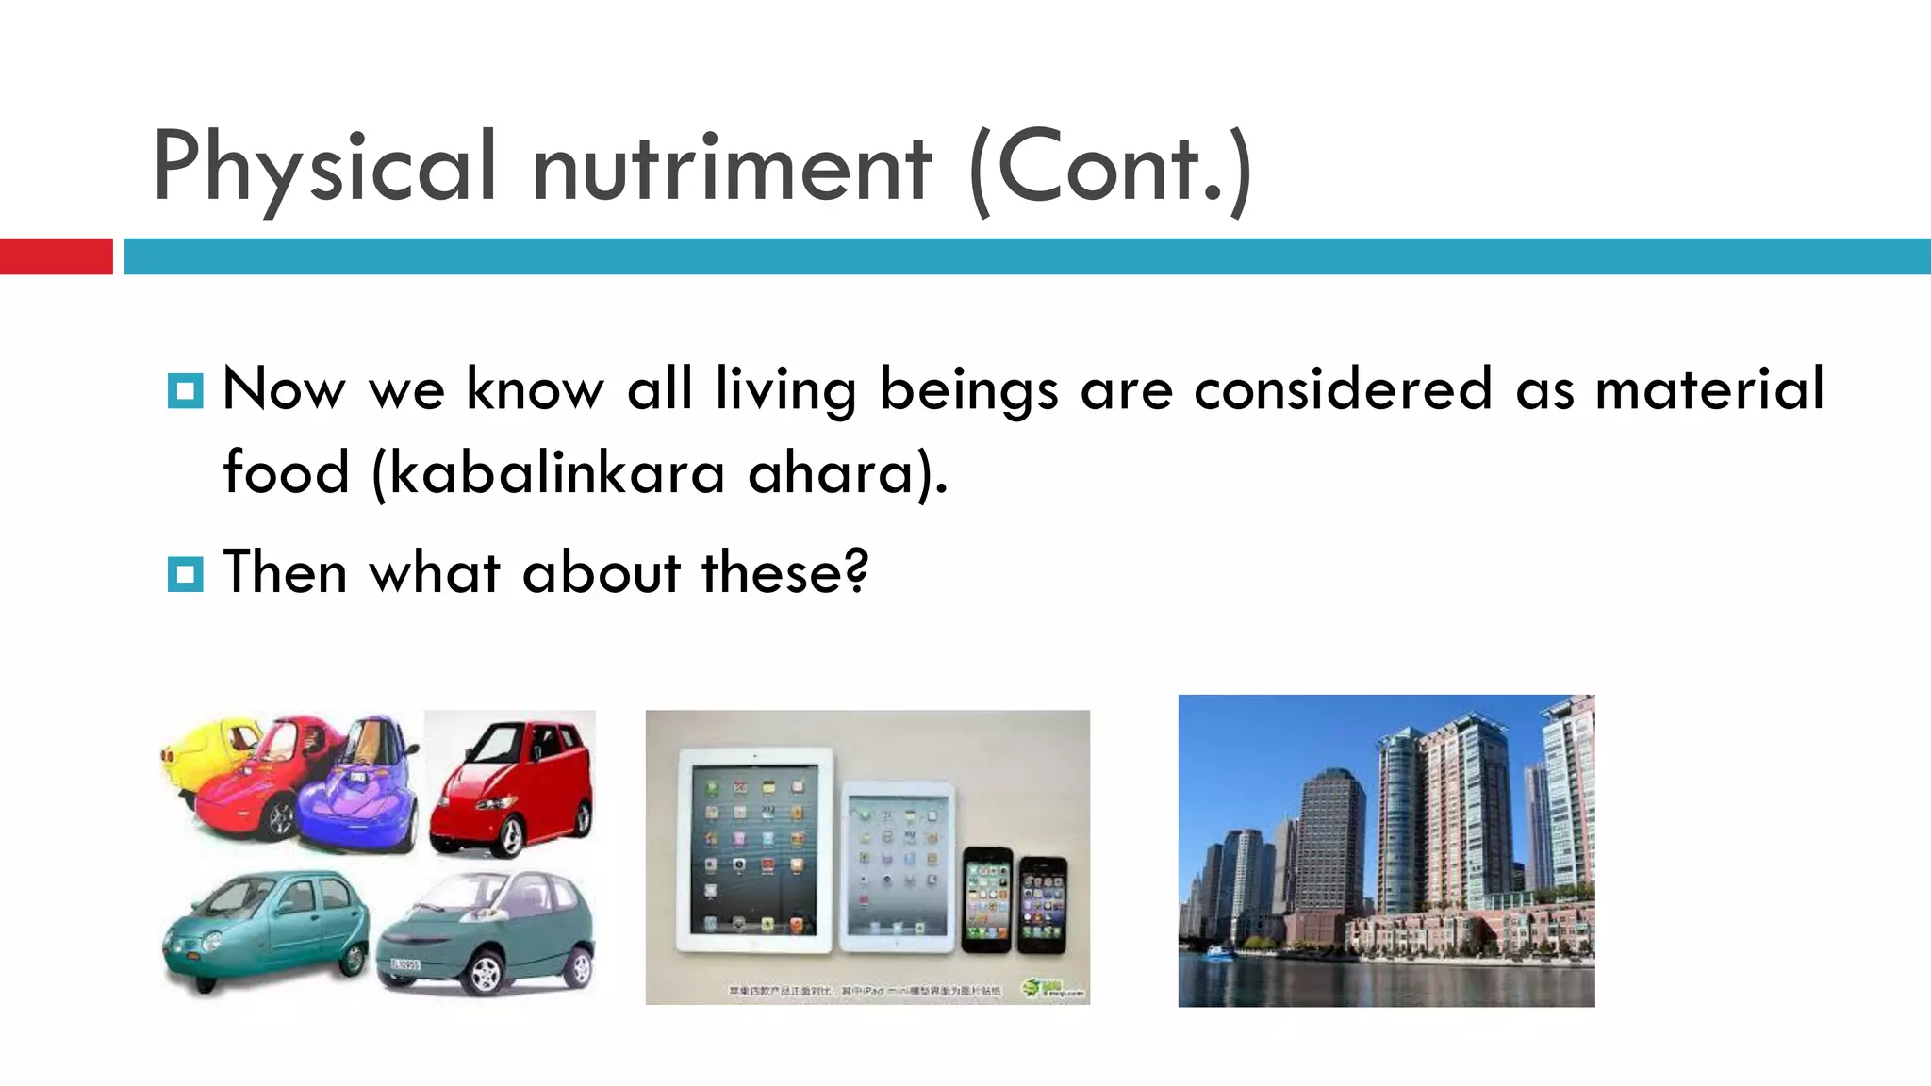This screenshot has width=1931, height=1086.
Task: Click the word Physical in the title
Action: (323, 168)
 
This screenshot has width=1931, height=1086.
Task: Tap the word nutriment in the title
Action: (732, 168)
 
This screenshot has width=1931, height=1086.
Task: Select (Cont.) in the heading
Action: (1111, 168)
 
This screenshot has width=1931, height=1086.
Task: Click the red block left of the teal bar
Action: (56, 256)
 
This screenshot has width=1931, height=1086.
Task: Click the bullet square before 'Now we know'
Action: (185, 390)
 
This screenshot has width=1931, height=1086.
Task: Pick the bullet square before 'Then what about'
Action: (185, 573)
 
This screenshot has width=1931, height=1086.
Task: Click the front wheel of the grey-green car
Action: (486, 974)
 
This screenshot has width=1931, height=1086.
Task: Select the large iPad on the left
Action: (754, 848)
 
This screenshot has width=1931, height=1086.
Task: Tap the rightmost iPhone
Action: (1042, 903)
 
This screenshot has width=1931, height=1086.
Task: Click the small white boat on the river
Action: (1219, 952)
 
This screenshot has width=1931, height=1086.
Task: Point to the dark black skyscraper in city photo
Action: (1329, 839)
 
